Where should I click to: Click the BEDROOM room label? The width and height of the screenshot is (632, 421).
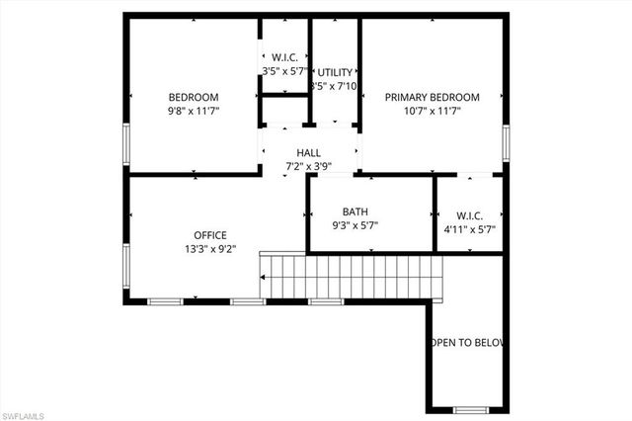(194, 97)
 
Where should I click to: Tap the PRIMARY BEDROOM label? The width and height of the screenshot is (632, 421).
(432, 97)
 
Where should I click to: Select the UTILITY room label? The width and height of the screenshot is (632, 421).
(335, 73)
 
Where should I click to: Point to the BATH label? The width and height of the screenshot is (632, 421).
(355, 211)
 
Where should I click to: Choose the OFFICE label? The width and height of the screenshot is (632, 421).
(209, 234)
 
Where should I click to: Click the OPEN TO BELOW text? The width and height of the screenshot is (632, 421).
(466, 343)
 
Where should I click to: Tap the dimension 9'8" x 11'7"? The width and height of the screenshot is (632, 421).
(194, 112)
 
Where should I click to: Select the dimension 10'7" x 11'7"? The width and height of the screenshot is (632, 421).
(432, 112)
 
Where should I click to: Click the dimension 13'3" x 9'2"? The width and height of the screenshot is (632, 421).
(209, 249)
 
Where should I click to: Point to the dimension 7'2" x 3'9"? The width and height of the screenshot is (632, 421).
(308, 167)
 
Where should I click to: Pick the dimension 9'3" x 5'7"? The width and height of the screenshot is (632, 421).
(355, 226)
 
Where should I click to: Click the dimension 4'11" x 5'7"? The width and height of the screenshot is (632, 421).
(469, 229)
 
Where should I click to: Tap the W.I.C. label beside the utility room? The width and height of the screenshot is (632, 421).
(285, 57)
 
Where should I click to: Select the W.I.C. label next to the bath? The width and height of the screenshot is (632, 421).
(469, 214)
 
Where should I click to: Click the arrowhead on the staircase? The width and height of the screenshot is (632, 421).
(264, 278)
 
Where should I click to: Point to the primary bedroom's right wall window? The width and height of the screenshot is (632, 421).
(507, 141)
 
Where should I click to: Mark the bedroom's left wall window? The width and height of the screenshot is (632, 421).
(125, 142)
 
